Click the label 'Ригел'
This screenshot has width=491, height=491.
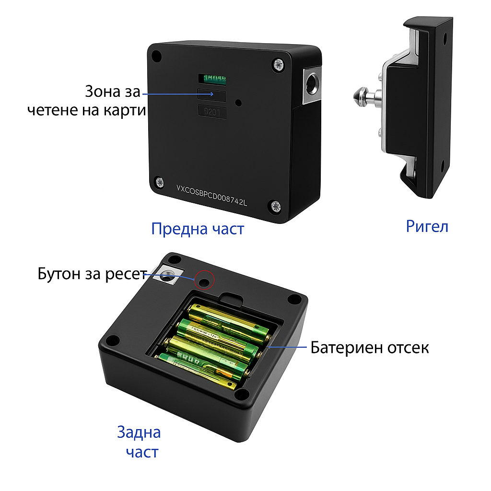427,226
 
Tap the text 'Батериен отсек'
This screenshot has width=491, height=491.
369,347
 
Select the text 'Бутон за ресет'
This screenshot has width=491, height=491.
91,274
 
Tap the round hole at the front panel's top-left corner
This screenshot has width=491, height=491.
156,55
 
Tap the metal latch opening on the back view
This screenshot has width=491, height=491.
167,275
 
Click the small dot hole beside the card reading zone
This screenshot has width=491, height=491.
238,103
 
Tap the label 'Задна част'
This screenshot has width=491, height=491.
140,442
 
